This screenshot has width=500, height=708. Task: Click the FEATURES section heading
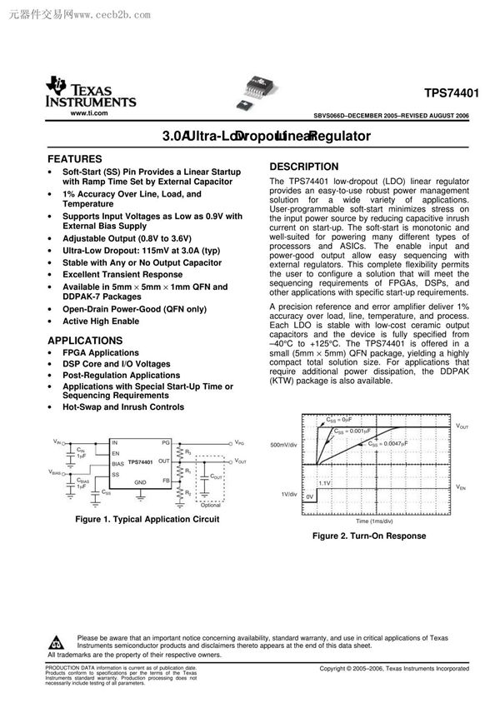tap(75, 158)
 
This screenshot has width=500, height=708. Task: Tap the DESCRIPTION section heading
tap(304, 167)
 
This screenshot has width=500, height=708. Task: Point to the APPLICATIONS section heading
tap(85, 341)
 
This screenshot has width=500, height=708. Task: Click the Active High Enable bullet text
tap(101, 321)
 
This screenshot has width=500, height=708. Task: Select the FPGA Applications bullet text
tap(101, 353)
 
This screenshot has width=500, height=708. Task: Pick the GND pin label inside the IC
tap(141, 482)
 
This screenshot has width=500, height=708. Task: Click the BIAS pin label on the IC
tap(118, 462)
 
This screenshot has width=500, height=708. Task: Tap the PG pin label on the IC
tap(166, 442)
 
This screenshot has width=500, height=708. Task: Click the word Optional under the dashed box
tap(212, 506)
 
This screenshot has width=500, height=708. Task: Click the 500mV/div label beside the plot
tap(284, 446)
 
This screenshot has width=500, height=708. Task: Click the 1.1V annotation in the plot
tap(325, 483)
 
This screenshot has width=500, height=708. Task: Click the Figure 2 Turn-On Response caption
tap(368, 536)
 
